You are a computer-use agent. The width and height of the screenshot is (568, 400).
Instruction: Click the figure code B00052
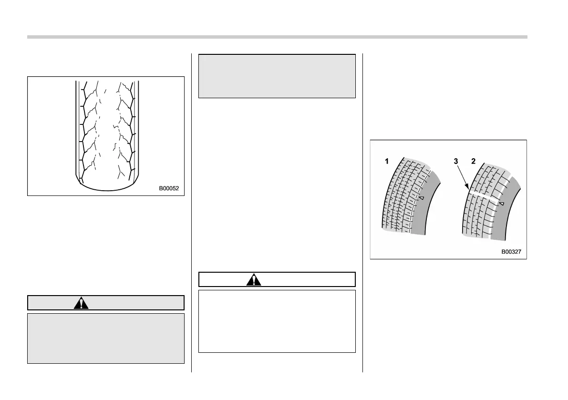coord(169,188)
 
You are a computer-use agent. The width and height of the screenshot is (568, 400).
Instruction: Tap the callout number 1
coord(387,162)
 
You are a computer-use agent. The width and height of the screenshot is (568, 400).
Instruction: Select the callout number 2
coord(473,162)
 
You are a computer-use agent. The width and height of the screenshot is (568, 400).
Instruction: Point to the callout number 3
coord(456,162)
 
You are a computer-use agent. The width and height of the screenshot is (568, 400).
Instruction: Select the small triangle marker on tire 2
coord(502,204)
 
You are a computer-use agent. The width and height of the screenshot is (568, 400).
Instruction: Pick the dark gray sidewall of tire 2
coord(505,219)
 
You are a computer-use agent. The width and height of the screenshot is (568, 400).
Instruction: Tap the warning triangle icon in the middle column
coord(253,279)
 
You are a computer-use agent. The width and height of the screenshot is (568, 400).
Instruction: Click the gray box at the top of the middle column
coord(277,76)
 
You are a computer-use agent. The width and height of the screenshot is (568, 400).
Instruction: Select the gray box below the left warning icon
coord(105,338)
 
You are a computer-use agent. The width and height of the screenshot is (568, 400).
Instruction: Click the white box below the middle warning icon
coord(277,321)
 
